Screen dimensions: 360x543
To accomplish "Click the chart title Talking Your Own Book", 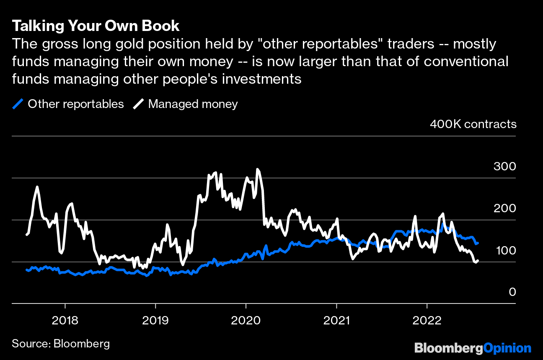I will point(96,26).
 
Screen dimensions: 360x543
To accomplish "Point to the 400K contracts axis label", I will point(473,124).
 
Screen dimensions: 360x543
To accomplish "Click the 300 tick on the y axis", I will point(504,166).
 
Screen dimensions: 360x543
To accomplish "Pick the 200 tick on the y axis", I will point(504,208).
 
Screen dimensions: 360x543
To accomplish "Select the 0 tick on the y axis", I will point(512,292).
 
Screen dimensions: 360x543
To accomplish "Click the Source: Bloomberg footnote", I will point(61,344).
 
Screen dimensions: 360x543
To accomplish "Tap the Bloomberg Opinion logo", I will point(473,347).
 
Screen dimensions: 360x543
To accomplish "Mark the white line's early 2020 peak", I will point(257,170).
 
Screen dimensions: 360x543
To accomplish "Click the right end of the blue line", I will point(478,243).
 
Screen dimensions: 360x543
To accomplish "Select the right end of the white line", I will point(478,260).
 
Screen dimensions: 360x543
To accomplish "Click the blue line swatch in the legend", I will point(18,104).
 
